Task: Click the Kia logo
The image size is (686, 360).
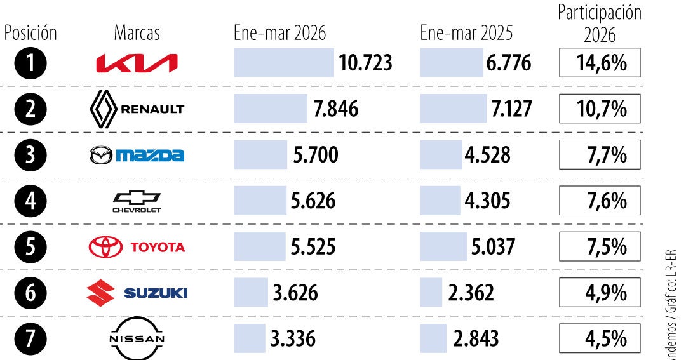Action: pyautogui.click(x=137, y=63)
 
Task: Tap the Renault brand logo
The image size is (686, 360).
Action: pyautogui.click(x=137, y=109)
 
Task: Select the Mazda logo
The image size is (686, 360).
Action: pyautogui.click(x=137, y=155)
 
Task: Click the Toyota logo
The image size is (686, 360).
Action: pyautogui.click(x=137, y=247)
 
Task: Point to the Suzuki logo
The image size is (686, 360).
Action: pyautogui.click(x=137, y=293)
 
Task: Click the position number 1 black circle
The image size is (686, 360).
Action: pyautogui.click(x=30, y=63)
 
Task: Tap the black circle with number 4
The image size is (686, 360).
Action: pyautogui.click(x=30, y=201)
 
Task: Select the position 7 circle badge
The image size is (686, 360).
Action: pyautogui.click(x=30, y=338)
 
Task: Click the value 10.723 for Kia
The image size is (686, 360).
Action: pyautogui.click(x=366, y=63)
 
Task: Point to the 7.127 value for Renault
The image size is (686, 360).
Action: pyautogui.click(x=511, y=109)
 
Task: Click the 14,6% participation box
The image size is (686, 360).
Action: pyautogui.click(x=600, y=64)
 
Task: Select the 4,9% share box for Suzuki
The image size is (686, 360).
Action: pyautogui.click(x=600, y=293)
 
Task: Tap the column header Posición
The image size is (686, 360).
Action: pyautogui.click(x=30, y=33)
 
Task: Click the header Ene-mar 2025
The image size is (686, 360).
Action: pyautogui.click(x=466, y=33)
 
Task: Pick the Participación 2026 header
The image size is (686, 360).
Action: pyautogui.click(x=600, y=23)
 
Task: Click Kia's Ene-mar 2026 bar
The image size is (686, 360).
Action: pyautogui.click(x=283, y=63)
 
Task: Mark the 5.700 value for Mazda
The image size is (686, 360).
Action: pyautogui.click(x=316, y=155)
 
